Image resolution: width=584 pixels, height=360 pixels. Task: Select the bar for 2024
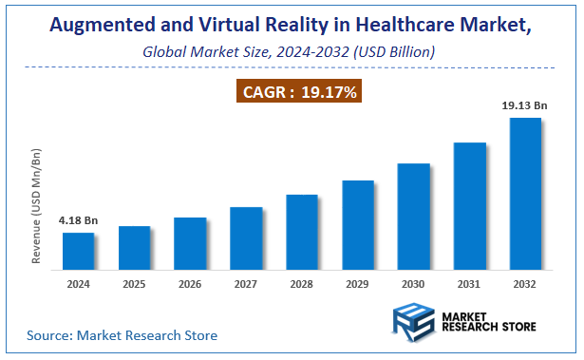point(79,251)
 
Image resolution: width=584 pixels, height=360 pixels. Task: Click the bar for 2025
point(135,247)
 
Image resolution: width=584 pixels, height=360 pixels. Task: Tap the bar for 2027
point(246,237)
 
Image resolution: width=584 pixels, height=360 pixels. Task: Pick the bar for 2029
point(358,224)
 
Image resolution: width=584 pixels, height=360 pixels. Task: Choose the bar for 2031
point(469,205)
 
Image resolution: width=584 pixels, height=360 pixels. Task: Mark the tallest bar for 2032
point(525,193)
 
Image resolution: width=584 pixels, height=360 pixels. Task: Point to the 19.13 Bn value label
point(524,106)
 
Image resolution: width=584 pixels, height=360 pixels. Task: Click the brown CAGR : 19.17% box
point(297,92)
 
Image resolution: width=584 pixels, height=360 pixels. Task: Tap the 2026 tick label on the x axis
point(190,284)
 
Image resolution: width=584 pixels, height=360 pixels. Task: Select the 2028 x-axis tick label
point(302,284)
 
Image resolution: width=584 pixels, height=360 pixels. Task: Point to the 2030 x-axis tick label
point(413,284)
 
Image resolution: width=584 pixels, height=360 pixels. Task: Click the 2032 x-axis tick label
point(525,284)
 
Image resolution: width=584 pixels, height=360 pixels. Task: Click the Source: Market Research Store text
point(122,335)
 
